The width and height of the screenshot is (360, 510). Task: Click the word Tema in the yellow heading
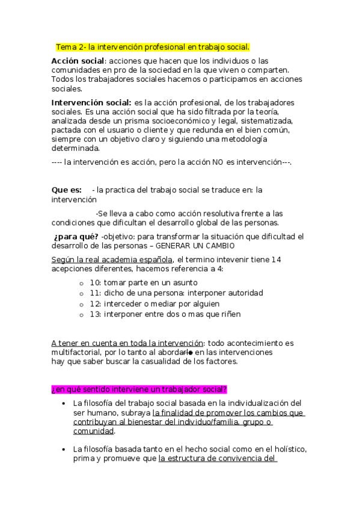pos(66,47)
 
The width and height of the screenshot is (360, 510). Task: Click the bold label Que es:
pos(66,190)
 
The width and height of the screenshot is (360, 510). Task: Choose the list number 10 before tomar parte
pos(95,282)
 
